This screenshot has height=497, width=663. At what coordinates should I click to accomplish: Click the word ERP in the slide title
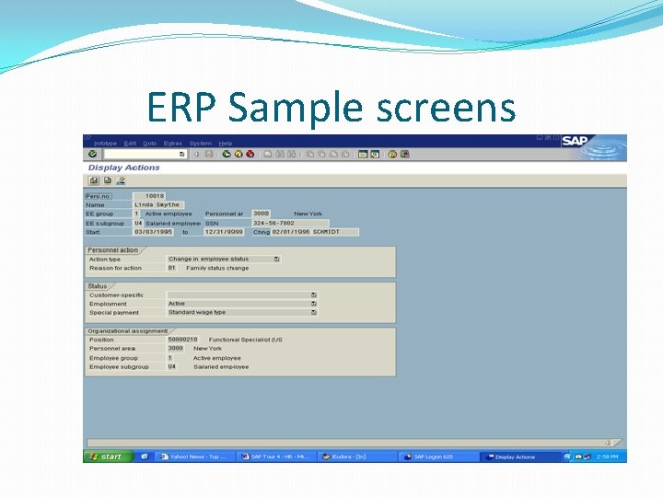182,108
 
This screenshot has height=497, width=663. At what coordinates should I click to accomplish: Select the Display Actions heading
124,168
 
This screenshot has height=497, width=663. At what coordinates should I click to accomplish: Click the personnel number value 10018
153,196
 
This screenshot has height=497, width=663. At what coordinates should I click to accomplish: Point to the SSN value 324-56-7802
274,223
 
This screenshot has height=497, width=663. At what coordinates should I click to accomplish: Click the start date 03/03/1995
151,232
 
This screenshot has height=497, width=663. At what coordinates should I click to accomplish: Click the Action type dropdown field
223,260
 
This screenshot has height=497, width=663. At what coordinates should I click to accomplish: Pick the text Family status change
217,268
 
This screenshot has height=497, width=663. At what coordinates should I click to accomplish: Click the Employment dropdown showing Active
241,304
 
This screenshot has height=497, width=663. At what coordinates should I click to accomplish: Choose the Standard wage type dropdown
241,312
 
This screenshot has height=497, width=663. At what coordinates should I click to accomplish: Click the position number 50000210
182,340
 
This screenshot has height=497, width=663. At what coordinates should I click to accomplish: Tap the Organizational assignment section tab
127,330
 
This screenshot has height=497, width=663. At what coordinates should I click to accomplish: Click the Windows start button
108,457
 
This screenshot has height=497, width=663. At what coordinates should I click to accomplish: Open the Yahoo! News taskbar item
194,457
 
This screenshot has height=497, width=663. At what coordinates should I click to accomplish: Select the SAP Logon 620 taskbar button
437,457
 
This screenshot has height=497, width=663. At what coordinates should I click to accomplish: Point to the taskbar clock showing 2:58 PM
609,457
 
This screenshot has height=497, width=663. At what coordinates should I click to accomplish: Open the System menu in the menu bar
200,144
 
